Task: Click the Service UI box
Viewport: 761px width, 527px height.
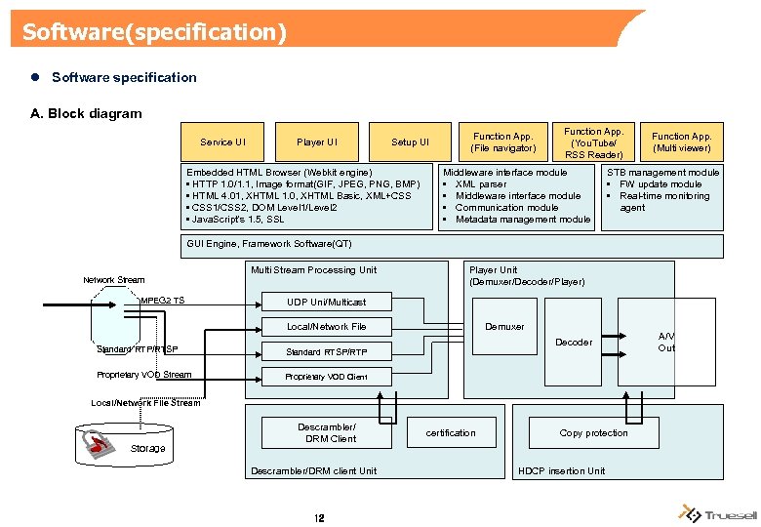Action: (x=222, y=142)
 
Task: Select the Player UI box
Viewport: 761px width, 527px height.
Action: (x=316, y=142)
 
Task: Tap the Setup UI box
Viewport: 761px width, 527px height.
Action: (x=410, y=142)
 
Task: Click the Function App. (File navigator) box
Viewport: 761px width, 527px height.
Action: (x=503, y=142)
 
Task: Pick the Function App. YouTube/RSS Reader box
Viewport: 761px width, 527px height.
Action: (x=593, y=142)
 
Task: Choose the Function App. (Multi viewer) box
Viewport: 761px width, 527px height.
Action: (x=682, y=142)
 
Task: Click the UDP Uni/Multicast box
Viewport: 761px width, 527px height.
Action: (x=326, y=302)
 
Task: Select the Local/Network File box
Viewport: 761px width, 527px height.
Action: (x=326, y=327)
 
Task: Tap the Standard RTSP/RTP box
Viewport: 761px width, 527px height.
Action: (x=326, y=351)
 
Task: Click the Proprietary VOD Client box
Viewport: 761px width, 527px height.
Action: (x=326, y=377)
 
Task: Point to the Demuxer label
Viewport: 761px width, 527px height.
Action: (x=504, y=327)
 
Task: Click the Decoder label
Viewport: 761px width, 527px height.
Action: (x=573, y=343)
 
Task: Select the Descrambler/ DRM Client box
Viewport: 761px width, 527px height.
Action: (x=326, y=432)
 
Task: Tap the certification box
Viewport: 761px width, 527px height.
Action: (x=451, y=432)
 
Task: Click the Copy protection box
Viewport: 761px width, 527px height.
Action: (x=593, y=432)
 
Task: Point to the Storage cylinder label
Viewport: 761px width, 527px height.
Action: (x=147, y=449)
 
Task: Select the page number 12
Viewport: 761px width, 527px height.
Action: (x=319, y=518)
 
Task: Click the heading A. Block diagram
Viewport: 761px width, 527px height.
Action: (x=86, y=113)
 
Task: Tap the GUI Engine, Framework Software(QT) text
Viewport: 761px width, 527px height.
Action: (x=268, y=244)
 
